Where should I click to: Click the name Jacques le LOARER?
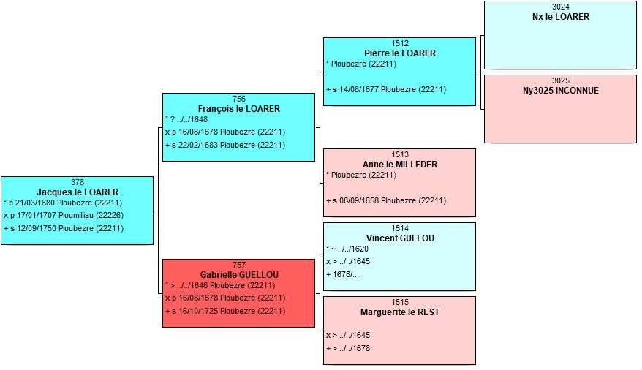click(78, 192)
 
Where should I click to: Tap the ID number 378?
click(78, 182)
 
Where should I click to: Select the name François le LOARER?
click(238, 109)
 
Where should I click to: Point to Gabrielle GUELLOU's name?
click(239, 275)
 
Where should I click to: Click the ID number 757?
click(239, 265)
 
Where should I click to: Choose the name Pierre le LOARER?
click(400, 53)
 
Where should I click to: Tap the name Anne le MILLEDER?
click(400, 164)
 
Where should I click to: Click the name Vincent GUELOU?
click(400, 238)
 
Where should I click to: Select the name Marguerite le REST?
click(400, 312)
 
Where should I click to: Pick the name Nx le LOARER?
click(561, 17)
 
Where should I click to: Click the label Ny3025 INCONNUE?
click(561, 91)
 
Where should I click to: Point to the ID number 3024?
click(561, 7)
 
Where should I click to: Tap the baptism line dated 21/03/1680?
click(63, 203)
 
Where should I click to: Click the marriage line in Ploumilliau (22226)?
click(64, 215)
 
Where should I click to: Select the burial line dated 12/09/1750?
click(64, 228)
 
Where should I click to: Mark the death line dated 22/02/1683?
click(225, 145)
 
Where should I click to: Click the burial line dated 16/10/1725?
click(225, 311)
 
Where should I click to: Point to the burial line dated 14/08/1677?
click(386, 89)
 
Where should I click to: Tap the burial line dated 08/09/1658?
click(386, 200)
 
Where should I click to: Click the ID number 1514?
click(400, 228)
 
